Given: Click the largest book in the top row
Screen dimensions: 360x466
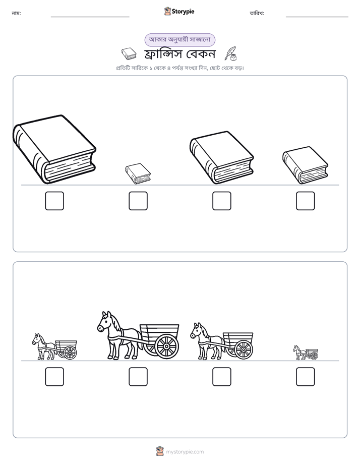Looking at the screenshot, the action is point(54,149).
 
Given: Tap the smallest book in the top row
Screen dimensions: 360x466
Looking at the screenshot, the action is point(138,173).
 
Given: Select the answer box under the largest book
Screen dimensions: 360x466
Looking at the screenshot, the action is point(54,201).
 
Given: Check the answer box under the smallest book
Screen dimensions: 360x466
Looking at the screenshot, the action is point(138,201).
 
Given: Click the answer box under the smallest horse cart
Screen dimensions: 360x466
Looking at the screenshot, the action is point(306,377).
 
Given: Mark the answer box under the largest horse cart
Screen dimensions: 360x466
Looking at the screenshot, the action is point(138,377).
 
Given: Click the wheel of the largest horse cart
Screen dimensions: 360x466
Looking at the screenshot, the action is point(166,346).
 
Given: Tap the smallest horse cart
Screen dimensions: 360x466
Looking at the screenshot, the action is point(306,353).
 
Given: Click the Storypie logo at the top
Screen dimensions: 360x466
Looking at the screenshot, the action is point(179,12).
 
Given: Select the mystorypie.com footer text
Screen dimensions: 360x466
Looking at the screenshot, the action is point(185,452).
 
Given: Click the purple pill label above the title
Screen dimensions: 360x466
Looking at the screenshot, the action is point(179,40).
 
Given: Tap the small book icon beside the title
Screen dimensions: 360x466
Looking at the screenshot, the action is point(129,54).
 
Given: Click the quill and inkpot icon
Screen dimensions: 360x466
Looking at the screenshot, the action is point(231,54).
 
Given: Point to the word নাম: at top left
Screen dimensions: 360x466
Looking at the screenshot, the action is point(16,13).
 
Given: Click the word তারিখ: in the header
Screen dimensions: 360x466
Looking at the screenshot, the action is point(257,13).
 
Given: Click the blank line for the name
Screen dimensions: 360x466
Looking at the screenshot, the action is point(90,17).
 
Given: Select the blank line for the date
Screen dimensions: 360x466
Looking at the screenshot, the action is point(317,17).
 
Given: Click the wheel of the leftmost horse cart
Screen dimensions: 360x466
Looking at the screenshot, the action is point(71,353).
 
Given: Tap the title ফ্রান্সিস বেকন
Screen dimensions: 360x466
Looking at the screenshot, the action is point(179,54).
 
